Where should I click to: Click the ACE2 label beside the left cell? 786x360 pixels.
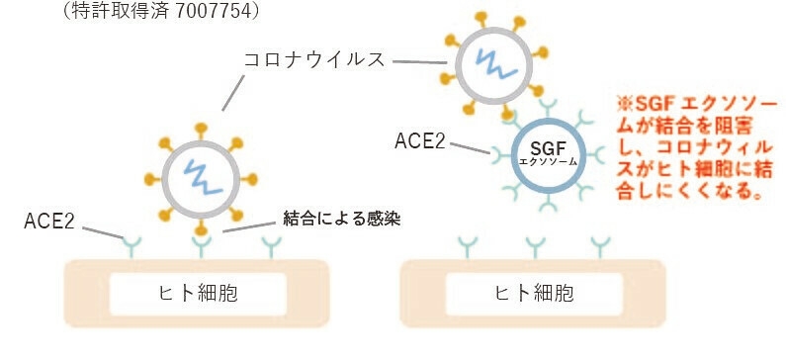(50, 220)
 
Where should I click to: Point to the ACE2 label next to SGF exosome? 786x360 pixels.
(419, 140)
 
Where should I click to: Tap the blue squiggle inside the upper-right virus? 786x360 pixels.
(491, 62)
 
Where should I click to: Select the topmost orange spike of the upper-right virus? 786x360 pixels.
(483, 18)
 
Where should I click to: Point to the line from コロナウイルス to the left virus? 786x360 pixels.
(233, 94)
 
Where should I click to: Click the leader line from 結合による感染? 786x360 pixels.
(251, 225)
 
